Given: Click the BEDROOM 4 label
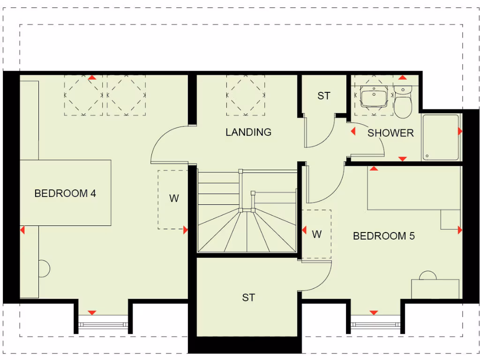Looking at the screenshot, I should pos(65,193).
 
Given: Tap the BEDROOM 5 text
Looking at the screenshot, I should pos(383,236).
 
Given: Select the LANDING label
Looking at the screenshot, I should pos(248,132).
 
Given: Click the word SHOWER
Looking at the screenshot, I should pos(390,133).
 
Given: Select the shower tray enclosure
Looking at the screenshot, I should pos(440,136).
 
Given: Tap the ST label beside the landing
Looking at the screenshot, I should pos(324,96).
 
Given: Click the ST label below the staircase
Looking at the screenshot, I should pos(248,298).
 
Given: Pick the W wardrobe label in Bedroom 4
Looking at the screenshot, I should pos(174,198).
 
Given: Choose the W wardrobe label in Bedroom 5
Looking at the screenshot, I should pos(317,234).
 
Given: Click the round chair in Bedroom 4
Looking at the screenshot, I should pos(43,269).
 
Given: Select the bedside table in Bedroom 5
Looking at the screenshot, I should pos(450,219).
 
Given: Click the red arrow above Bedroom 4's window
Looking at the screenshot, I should pos(92,313).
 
